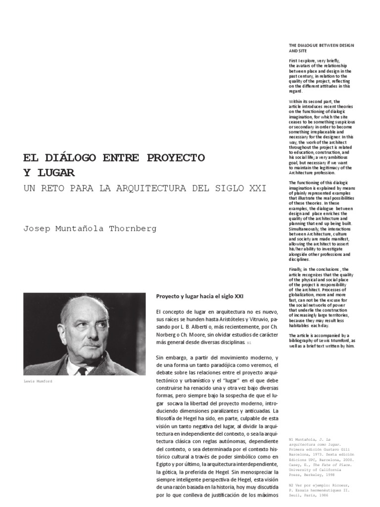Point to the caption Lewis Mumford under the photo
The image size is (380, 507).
(37, 382)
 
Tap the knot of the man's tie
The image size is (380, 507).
(82, 370)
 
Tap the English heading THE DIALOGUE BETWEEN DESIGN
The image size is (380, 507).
(322, 46)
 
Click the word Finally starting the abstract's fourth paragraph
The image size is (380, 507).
(296, 269)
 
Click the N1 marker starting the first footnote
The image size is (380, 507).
(291, 439)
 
